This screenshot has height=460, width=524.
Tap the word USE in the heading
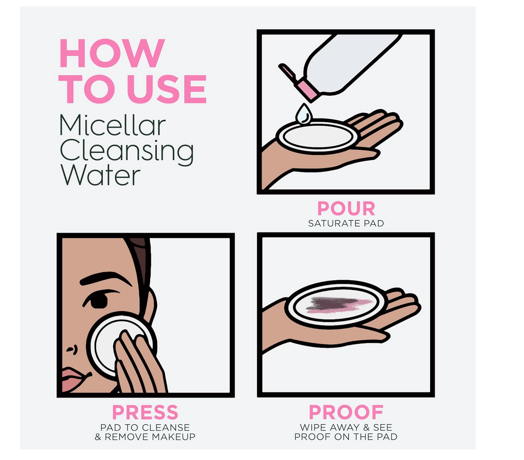click(x=166, y=89)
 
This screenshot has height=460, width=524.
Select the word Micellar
click(x=112, y=125)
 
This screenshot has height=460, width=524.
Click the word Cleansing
click(x=127, y=151)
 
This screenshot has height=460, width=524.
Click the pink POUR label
click(x=346, y=209)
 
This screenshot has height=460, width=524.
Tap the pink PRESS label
click(x=145, y=412)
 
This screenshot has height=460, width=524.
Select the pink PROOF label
click(x=346, y=412)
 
